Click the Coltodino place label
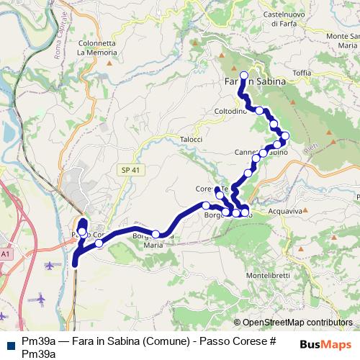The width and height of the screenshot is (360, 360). (x=230, y=112)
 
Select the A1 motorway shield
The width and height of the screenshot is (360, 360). (x=6, y=254)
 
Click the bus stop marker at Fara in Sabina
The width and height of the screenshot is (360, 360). (x=243, y=75)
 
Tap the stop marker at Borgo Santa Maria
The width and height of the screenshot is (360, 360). (x=155, y=233)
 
